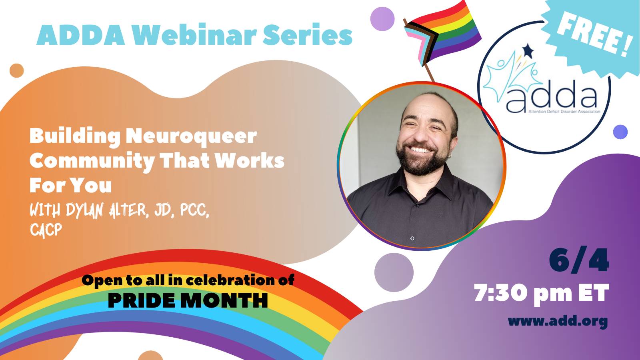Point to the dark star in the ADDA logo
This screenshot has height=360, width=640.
pyautogui.click(x=528, y=51)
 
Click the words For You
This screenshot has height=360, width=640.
pyautogui.click(x=70, y=185)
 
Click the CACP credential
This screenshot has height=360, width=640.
pyautogui.click(x=46, y=230)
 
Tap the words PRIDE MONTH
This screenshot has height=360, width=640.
pyautogui.click(x=188, y=300)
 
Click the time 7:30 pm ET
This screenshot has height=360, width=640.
pyautogui.click(x=542, y=293)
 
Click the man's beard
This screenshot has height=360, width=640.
pyautogui.click(x=423, y=160)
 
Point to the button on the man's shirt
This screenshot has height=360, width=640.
pyautogui.click(x=412, y=238)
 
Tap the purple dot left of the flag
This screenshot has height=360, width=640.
pyautogui.click(x=382, y=19)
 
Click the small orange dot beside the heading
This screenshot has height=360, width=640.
pyautogui.click(x=16, y=70)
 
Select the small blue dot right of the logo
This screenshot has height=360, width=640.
pyautogui.click(x=620, y=132)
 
